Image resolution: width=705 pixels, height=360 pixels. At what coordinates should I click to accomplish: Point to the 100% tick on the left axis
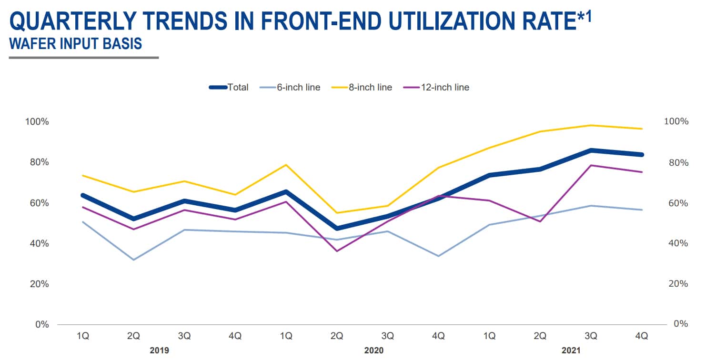coord(37,121)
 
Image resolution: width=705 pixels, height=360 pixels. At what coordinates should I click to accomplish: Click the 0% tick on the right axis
coord(682,324)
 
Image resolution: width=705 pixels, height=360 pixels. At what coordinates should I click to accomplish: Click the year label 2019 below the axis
coord(159,350)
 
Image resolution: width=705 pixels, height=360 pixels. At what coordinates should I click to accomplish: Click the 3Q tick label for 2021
coord(591,336)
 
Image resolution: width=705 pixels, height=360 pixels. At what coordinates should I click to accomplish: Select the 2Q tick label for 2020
coord(337,336)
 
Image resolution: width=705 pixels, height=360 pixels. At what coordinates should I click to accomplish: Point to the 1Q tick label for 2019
coord(83,336)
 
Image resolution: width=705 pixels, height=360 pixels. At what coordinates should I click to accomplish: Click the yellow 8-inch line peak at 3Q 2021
coord(591,125)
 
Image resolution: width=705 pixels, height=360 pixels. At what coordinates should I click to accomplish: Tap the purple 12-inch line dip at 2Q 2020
coord(337,251)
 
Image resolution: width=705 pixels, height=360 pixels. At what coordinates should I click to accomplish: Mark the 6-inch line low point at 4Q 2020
coord(438,256)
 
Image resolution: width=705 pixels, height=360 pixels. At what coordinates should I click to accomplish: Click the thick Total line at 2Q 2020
coord(337,229)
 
